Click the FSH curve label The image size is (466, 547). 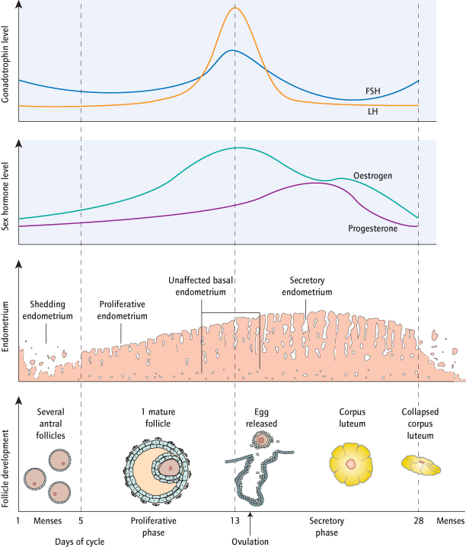(373, 91)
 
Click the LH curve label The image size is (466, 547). (373, 110)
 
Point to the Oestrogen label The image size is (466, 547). (372, 174)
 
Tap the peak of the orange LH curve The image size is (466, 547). (235, 8)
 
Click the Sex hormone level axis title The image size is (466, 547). (8, 191)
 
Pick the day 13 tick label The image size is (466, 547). (235, 521)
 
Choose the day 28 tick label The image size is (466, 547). (418, 521)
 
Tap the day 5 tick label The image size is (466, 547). (81, 521)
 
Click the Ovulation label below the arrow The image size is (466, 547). (250, 542)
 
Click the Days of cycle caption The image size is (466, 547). (79, 542)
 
